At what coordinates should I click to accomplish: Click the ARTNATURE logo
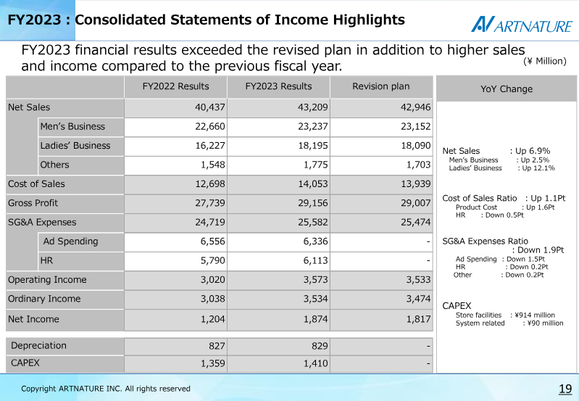522,25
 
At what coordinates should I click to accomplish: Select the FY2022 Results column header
176,86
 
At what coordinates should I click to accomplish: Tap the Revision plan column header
380,86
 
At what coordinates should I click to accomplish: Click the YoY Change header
507,89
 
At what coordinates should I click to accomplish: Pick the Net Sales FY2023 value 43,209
313,107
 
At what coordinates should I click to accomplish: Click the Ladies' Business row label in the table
75,146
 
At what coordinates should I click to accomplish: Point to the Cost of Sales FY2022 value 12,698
210,184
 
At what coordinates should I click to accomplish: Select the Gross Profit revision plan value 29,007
416,203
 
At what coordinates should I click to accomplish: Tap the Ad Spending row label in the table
70,241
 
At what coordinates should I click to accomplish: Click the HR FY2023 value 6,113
315,261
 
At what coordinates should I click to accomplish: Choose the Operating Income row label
47,280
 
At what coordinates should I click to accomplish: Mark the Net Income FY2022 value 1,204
213,319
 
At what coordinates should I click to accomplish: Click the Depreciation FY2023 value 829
320,346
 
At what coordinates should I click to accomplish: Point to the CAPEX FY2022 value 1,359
213,364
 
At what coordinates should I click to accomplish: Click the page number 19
565,389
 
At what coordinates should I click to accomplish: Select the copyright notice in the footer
106,389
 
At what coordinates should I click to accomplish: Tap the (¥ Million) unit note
545,61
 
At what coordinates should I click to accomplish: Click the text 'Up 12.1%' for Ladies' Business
538,168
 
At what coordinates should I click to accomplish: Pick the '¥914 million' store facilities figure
535,315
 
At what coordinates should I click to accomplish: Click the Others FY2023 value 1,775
315,165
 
